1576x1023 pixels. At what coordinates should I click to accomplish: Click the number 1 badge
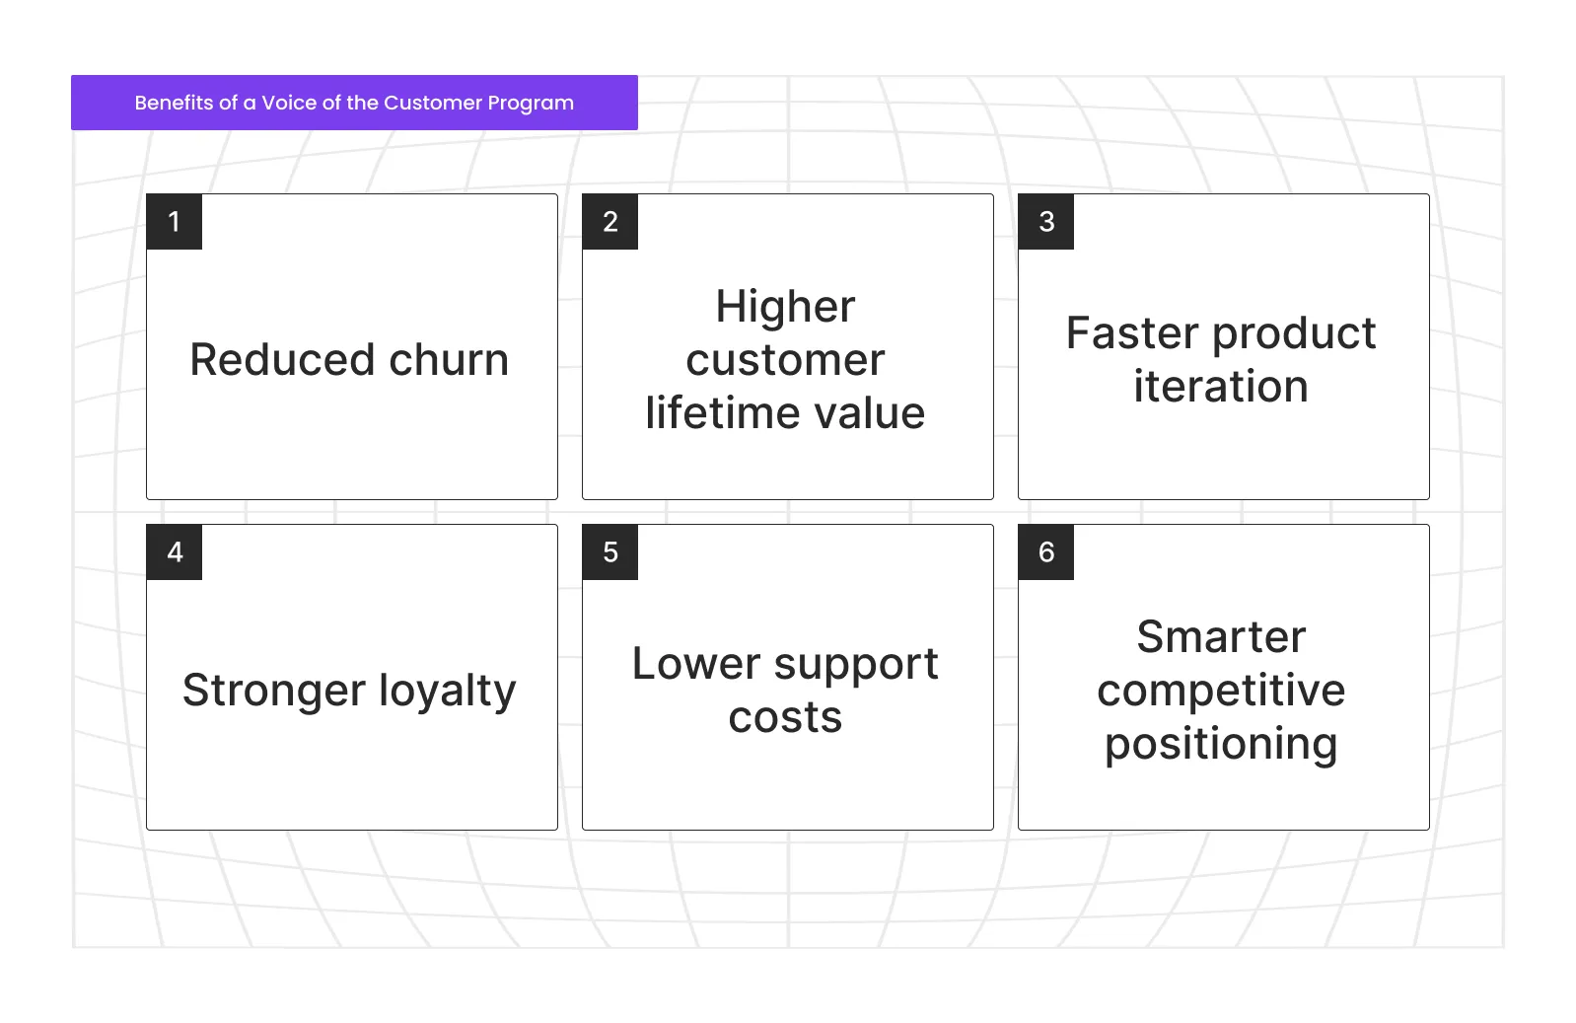(x=175, y=222)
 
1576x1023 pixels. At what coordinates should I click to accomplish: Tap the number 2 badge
(x=610, y=222)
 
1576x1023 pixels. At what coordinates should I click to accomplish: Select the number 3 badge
(x=1046, y=222)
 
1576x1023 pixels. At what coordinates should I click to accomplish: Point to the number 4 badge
(x=175, y=552)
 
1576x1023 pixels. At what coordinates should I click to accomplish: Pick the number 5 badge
(x=610, y=552)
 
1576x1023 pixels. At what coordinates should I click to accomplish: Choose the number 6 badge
(x=1046, y=552)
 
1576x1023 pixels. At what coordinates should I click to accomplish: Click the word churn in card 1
(x=449, y=360)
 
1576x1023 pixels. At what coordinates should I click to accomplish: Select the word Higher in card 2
(x=785, y=307)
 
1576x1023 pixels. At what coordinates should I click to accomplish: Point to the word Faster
(x=1131, y=333)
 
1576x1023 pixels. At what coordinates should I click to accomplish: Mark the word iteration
(x=1221, y=387)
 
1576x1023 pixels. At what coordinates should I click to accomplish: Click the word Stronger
(x=274, y=691)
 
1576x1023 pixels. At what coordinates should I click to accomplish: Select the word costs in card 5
(x=785, y=718)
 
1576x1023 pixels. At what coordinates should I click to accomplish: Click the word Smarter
(x=1221, y=637)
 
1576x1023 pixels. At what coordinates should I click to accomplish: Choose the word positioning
(x=1221, y=745)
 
